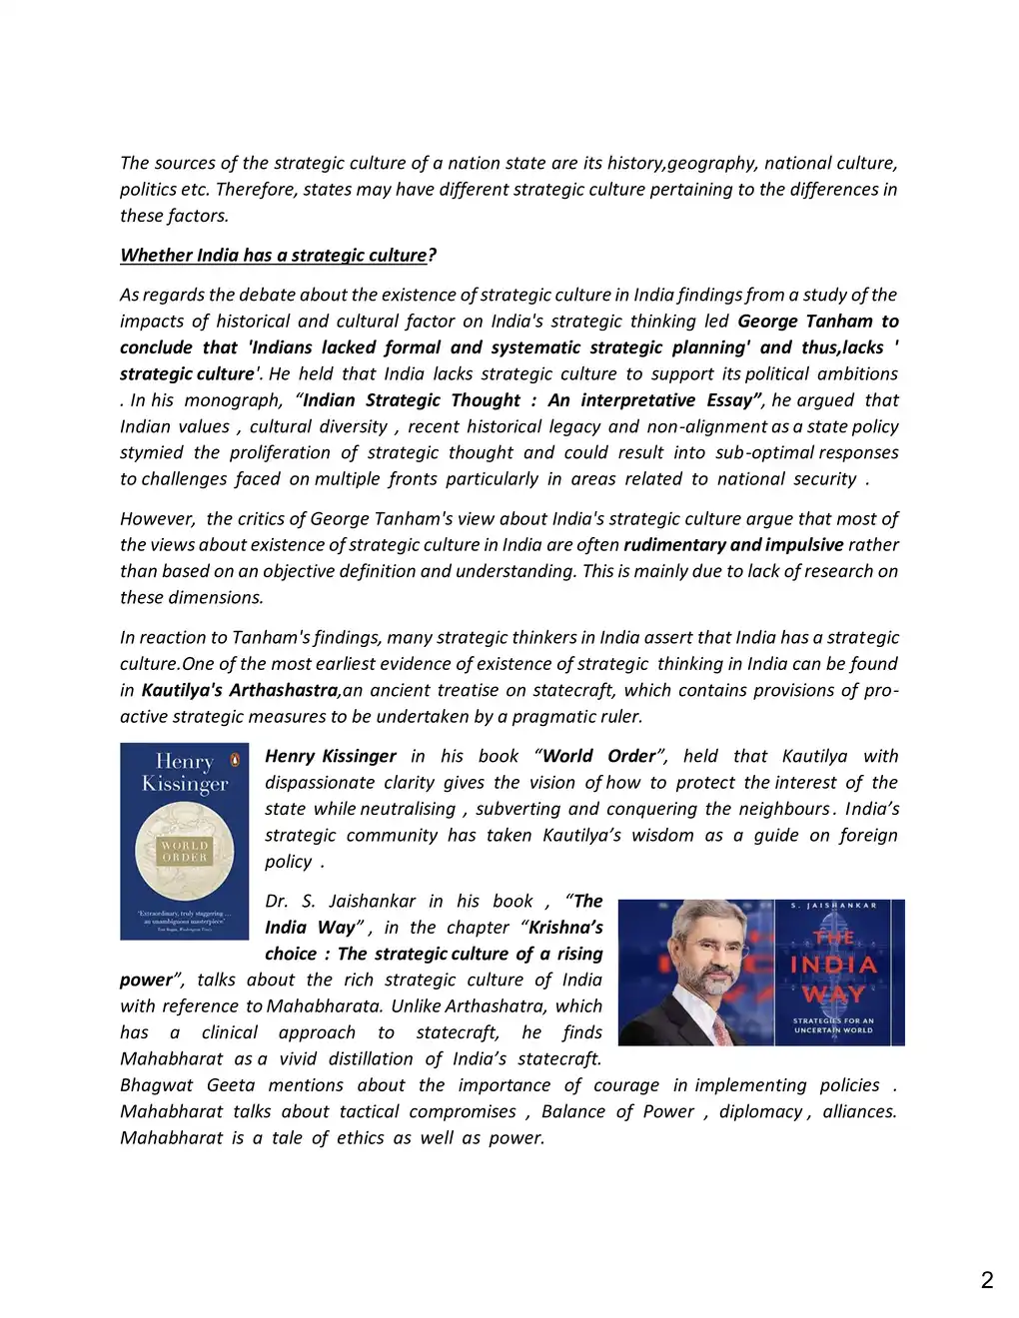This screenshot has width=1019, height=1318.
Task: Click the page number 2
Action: click(987, 1281)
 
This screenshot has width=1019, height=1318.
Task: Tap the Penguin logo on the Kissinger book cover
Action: click(235, 759)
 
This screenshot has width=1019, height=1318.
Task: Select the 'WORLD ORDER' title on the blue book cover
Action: click(185, 851)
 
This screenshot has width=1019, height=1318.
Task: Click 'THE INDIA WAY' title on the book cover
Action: click(834, 966)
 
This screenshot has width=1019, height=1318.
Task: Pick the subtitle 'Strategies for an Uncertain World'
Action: click(834, 1024)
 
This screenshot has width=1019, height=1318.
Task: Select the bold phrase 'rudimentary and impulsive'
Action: click(733, 545)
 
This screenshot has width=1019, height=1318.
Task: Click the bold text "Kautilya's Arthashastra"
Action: click(240, 690)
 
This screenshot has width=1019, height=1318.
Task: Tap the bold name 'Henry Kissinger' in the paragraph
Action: click(331, 757)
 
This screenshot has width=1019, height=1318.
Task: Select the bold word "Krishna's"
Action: click(565, 928)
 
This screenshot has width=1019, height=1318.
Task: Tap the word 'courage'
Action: click(626, 1085)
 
